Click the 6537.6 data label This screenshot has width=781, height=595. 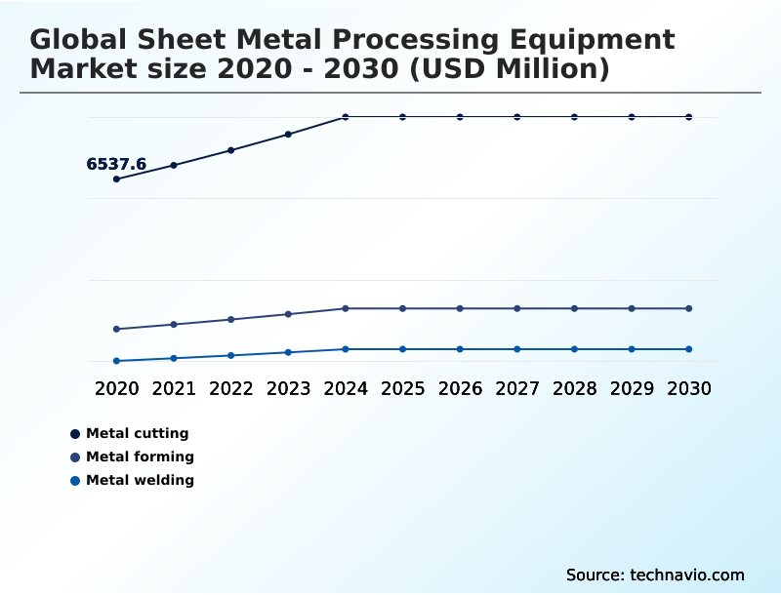tap(116, 164)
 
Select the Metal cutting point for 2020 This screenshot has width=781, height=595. tap(116, 179)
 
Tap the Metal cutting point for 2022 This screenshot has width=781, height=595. tap(231, 150)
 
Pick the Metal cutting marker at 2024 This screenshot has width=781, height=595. tap(346, 117)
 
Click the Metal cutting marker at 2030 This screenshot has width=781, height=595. tap(689, 117)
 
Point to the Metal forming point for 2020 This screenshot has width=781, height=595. tap(116, 329)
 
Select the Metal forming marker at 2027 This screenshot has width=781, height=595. tap(517, 308)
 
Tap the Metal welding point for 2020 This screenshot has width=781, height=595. tap(116, 361)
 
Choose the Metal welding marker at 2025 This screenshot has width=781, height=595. tap(402, 349)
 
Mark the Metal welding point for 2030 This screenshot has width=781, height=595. tap(689, 349)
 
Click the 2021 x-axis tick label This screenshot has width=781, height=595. tap(174, 388)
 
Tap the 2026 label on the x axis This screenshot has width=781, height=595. tap(460, 388)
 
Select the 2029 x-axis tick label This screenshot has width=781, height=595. tap(632, 388)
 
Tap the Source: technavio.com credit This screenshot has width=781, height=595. tap(655, 575)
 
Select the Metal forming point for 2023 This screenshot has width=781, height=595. tap(288, 314)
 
